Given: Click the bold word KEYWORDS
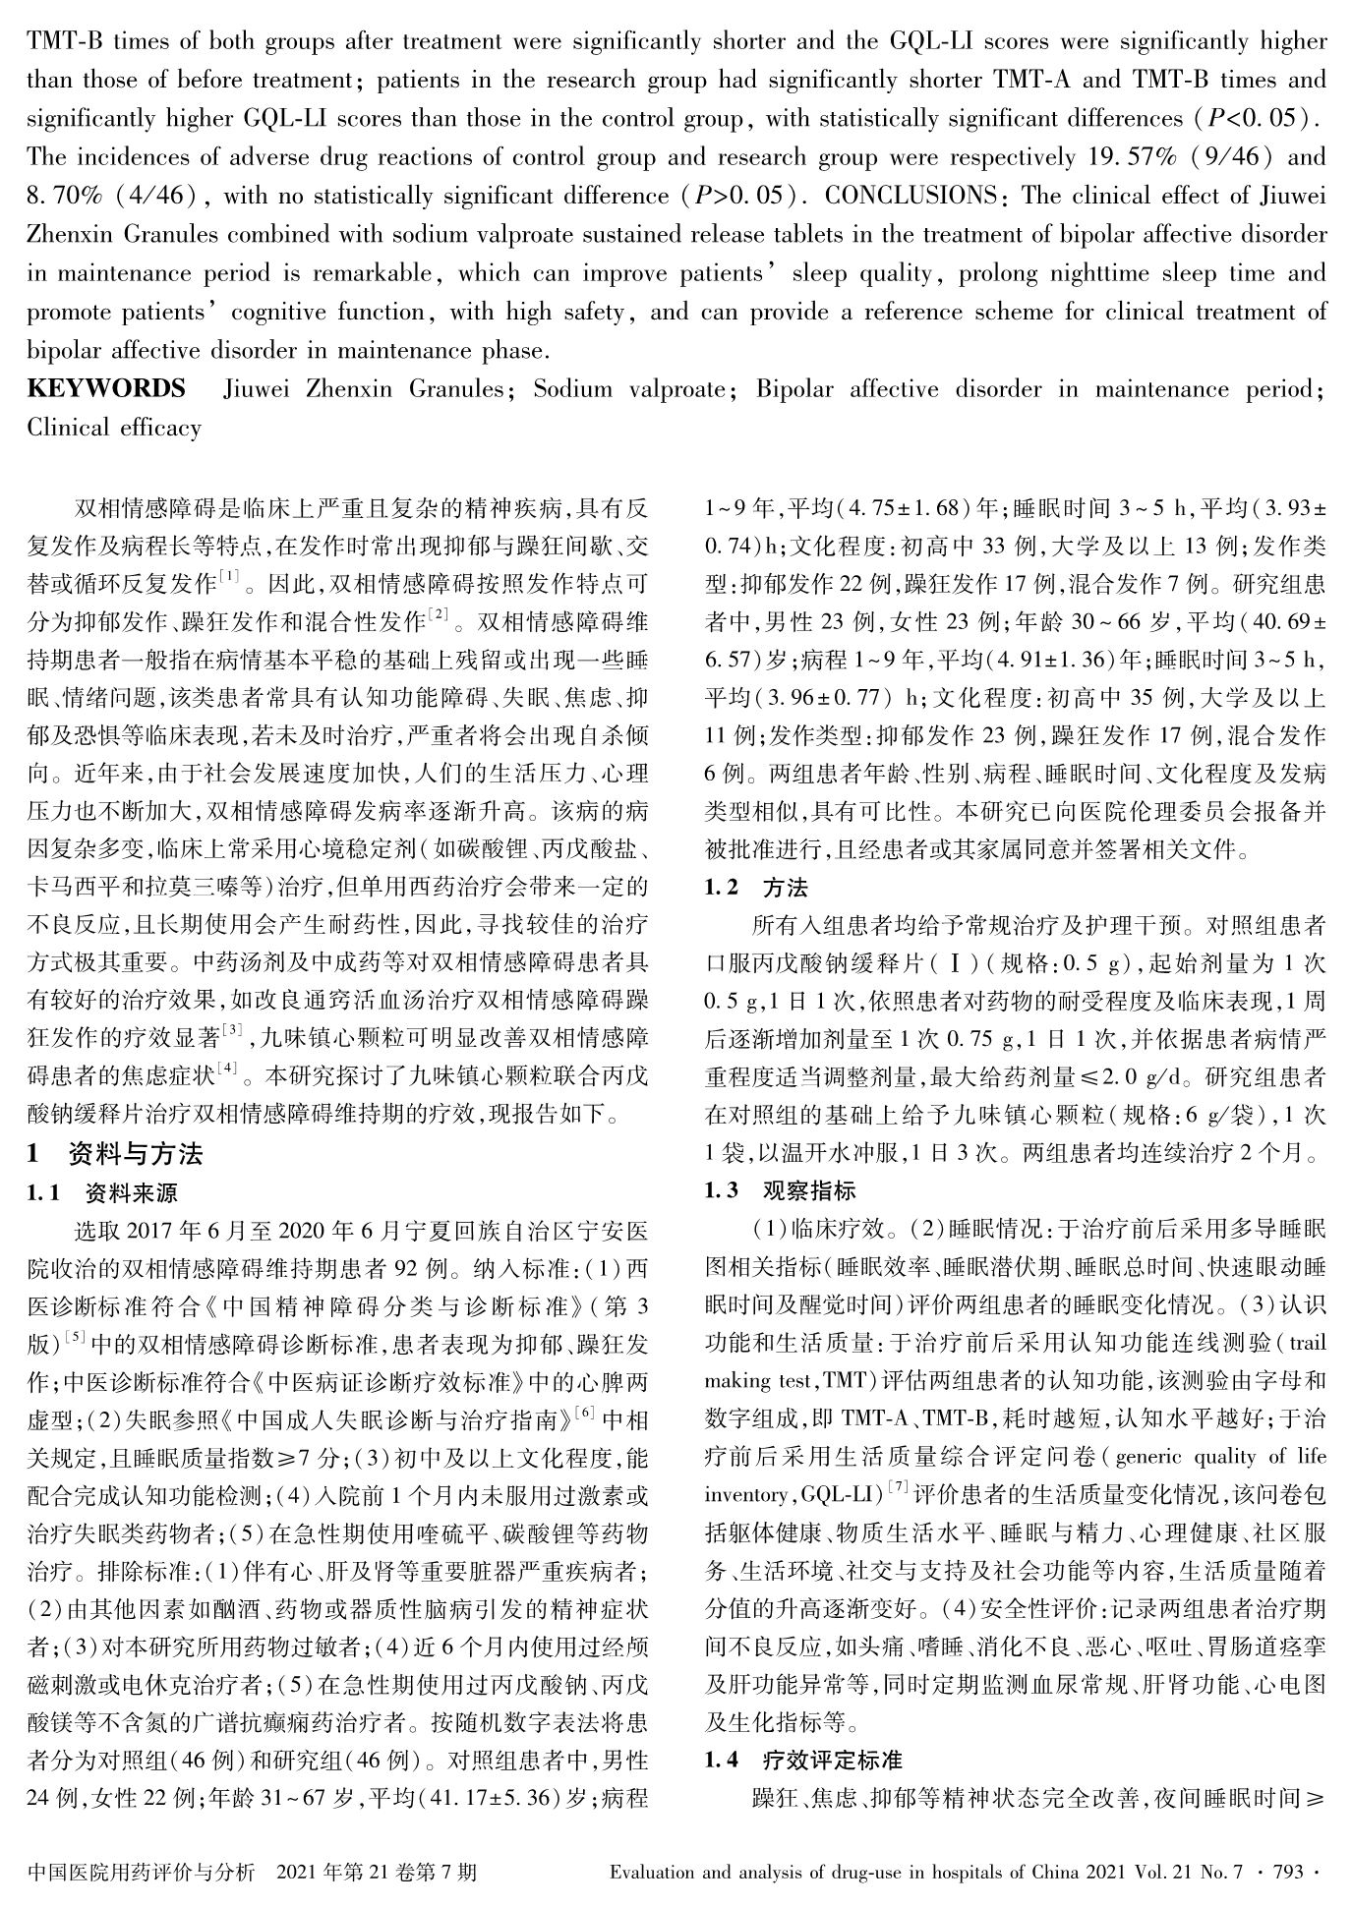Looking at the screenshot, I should point(106,389).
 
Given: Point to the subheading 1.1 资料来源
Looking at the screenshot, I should point(102,1193).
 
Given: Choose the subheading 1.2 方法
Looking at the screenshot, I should point(756,888).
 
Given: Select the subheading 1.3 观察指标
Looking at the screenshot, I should point(780,1191).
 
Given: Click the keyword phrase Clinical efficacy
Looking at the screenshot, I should point(114,428).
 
